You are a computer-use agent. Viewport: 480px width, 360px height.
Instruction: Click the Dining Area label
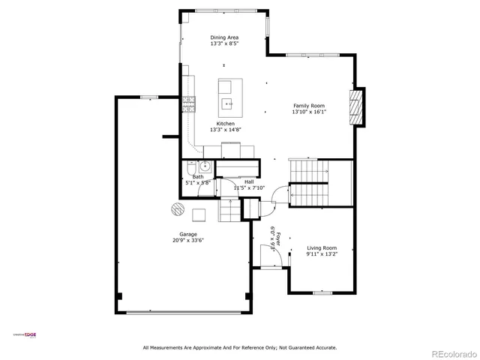tap(225, 37)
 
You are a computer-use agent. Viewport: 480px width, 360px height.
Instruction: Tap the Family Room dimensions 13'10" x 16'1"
tap(309, 112)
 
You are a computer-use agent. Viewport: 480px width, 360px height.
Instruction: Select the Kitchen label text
tap(226, 123)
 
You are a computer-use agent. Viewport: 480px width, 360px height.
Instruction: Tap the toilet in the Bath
tap(190, 167)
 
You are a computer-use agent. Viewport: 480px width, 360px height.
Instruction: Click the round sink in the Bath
tap(205, 166)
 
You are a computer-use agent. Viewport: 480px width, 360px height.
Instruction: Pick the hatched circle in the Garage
tap(177, 208)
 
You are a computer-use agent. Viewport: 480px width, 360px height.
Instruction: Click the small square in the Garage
tap(199, 216)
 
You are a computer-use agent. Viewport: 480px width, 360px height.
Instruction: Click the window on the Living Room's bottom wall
tap(322, 292)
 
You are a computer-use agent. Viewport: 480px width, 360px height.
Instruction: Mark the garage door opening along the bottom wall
tap(184, 313)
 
